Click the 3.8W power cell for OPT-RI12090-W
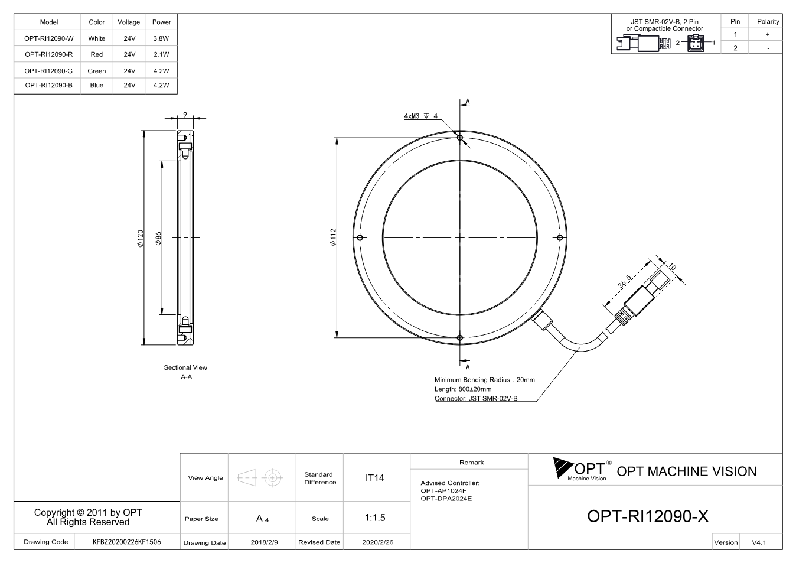point(161,38)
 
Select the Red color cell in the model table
point(97,54)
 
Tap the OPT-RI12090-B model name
point(48,85)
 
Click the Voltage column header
point(129,22)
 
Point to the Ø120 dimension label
point(141,239)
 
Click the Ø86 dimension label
point(158,239)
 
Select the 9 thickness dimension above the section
point(185,115)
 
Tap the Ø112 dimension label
point(333,237)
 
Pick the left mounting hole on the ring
point(360,237)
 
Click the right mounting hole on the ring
point(560,237)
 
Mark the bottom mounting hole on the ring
point(460,338)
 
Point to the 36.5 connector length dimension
point(625,281)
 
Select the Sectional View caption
point(185,367)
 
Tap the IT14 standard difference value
point(374,478)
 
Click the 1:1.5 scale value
point(375,518)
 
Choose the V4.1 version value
point(759,542)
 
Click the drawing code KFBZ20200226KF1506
point(127,542)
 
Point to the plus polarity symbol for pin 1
point(768,34)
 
